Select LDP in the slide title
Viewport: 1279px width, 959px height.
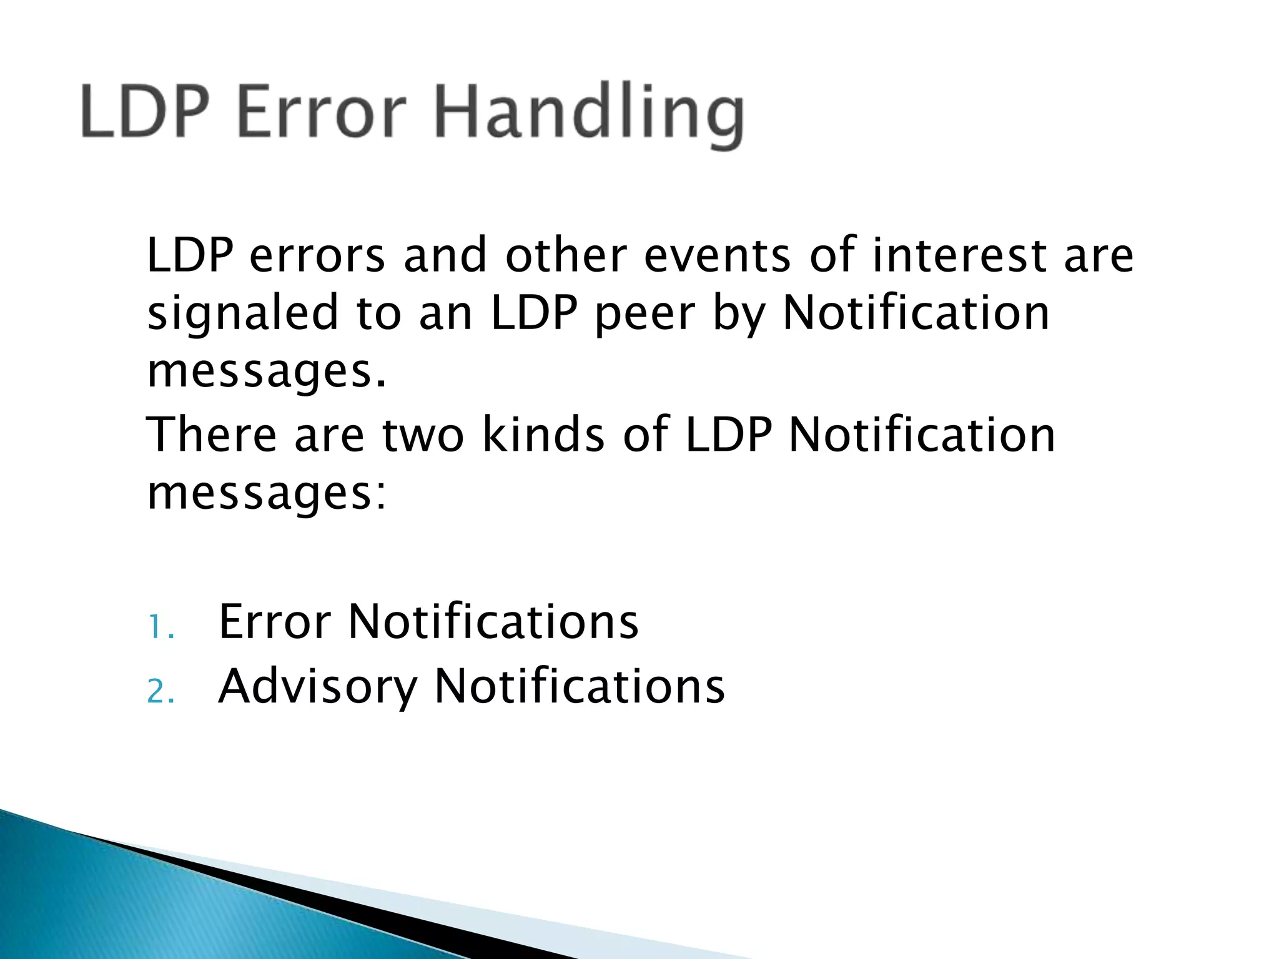[x=144, y=114]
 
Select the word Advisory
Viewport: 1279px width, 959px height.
[x=317, y=687]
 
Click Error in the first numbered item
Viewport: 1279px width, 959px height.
[x=275, y=622]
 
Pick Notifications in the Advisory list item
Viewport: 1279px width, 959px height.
[x=579, y=687]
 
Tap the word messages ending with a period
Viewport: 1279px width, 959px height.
[x=267, y=372]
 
